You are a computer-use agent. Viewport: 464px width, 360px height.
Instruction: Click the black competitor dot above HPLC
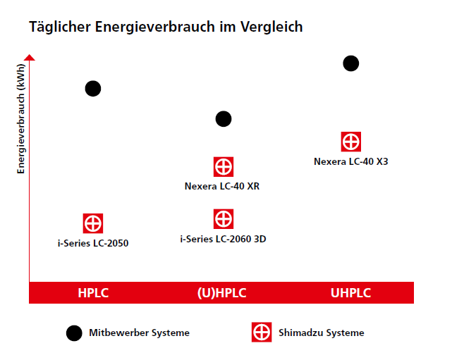coord(93,88)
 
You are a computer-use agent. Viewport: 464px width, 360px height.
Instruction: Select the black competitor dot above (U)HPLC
coord(224,119)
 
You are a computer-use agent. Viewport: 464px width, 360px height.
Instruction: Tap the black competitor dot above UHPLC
coord(351,63)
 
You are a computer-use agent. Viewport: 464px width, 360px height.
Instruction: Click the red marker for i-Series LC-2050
coord(93,223)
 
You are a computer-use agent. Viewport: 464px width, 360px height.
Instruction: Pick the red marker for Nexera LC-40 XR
coord(224,167)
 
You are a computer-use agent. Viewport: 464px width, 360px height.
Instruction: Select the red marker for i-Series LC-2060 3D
coord(224,219)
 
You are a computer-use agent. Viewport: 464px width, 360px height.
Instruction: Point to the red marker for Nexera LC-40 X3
coord(351,142)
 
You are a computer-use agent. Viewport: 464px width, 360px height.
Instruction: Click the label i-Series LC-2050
coord(93,243)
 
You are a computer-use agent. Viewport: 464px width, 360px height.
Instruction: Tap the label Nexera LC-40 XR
coord(222,186)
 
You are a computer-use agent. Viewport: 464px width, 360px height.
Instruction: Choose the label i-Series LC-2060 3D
coord(223,239)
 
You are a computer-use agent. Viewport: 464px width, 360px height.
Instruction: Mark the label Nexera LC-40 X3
coord(351,161)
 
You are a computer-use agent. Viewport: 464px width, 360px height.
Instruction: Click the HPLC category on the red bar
coord(93,293)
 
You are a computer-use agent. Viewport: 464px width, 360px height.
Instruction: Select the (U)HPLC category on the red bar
coord(222,293)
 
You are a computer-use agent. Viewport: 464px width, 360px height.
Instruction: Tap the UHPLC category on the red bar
coord(350,293)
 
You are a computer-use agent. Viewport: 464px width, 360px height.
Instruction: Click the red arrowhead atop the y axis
coord(30,57)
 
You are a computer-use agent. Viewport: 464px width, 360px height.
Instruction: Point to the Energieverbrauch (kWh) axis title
coord(20,119)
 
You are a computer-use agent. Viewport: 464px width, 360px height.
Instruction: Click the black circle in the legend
coord(74,333)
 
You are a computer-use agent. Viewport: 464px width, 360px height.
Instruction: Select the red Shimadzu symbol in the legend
coord(262,333)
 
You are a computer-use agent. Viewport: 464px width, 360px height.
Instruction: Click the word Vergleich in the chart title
coord(271,27)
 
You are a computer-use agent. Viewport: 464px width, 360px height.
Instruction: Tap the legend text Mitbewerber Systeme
coord(140,333)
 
